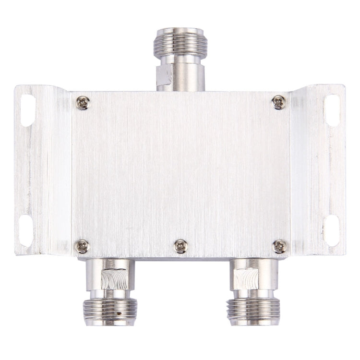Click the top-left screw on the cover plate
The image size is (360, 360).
tap(83, 102)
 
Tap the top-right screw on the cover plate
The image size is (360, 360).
tap(278, 102)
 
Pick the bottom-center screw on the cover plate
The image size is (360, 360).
tap(180, 246)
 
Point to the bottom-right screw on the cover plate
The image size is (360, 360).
tap(279, 246)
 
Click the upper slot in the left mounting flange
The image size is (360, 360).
tap(28, 110)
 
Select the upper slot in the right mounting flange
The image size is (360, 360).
tap(332, 110)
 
